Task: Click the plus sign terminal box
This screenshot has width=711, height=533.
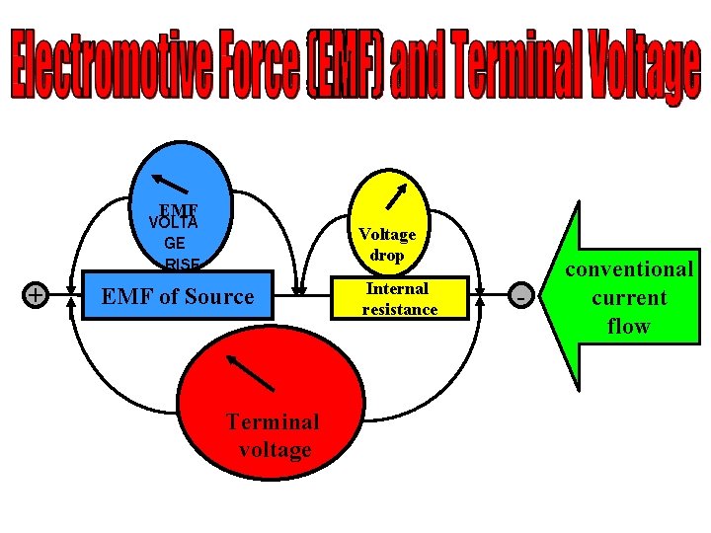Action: [x=36, y=294]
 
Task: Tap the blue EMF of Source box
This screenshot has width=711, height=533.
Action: [x=178, y=296]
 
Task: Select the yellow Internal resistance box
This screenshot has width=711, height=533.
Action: [x=399, y=298]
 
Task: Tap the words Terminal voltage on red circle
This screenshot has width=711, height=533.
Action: [x=274, y=435]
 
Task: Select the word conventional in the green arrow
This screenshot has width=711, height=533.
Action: [x=629, y=268]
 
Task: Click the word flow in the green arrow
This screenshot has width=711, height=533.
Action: [x=629, y=326]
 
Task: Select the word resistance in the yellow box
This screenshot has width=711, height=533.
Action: [x=399, y=309]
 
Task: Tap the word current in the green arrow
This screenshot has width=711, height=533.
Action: [x=629, y=297]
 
